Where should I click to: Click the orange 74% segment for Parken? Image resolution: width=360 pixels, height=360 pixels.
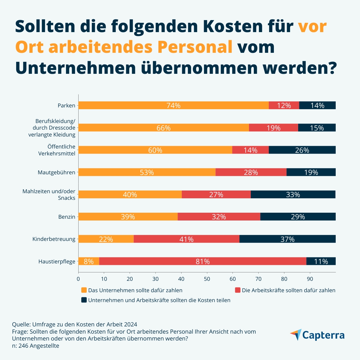tap(173, 105)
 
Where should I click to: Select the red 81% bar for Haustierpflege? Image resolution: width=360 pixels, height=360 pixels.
tap(202, 261)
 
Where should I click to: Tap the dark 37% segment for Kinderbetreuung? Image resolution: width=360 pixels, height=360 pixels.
tap(287, 239)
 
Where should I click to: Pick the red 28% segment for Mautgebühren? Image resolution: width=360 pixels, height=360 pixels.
tap(251, 172)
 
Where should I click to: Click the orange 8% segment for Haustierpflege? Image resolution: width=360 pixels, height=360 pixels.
tap(88, 261)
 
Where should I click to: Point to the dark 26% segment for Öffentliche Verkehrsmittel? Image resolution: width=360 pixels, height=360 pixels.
tap(302, 150)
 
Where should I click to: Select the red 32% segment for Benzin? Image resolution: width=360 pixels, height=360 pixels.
tap(219, 217)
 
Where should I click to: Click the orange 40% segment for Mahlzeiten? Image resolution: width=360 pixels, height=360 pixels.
tap(130, 194)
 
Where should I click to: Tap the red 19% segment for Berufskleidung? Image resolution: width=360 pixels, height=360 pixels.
tap(273, 128)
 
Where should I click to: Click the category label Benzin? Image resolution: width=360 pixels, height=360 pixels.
tap(67, 217)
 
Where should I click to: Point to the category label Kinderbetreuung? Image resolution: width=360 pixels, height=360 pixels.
tap(54, 239)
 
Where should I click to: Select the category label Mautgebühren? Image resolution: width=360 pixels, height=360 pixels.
tap(56, 172)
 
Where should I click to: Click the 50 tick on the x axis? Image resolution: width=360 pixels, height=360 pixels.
tap(207, 279)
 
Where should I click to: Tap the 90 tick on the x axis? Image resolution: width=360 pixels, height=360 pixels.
tap(310, 279)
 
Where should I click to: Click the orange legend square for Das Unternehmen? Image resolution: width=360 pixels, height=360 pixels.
tap(84, 290)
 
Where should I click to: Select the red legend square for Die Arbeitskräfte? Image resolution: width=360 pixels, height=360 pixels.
tap(238, 290)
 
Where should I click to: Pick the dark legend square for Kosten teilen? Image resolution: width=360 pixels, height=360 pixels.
tap(84, 300)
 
